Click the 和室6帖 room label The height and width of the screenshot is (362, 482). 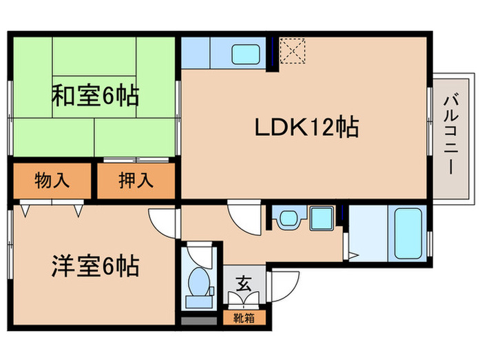(94, 94)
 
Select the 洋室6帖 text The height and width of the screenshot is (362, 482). (94, 265)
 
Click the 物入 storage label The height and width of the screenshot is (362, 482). (52, 181)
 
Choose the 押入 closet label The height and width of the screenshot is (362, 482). (135, 181)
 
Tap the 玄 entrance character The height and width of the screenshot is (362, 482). (243, 283)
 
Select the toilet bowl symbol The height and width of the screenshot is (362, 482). (199, 283)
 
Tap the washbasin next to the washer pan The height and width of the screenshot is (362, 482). (287, 220)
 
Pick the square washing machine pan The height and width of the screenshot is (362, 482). (322, 219)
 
